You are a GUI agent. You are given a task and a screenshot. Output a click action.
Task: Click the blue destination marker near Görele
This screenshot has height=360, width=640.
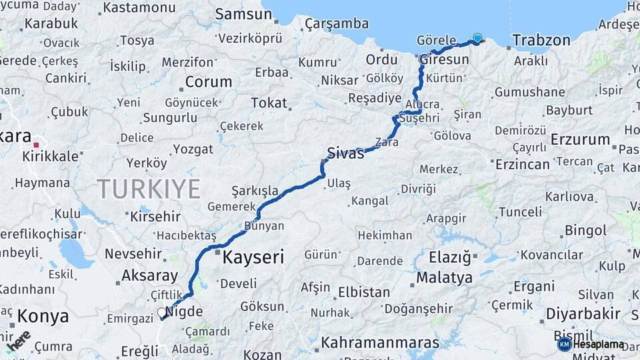pos(477,38)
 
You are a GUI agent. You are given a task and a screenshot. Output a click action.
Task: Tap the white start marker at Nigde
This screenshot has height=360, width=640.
pos(162,312)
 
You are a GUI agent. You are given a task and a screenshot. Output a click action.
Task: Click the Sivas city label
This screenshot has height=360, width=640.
pos(345,153)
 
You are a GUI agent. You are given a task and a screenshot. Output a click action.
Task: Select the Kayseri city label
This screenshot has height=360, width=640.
pos(253,257)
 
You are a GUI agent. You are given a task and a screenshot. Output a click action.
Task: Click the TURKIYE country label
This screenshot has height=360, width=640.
pos(149,189)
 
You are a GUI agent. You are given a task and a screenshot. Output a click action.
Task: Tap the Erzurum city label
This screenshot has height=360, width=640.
pos(580,139)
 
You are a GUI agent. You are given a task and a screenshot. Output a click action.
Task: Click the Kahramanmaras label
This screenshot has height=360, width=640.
pos(380,343)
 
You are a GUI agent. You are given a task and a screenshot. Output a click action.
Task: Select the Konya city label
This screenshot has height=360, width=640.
pos(43,316)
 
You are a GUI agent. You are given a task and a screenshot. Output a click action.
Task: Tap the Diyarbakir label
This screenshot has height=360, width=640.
pos(583,313)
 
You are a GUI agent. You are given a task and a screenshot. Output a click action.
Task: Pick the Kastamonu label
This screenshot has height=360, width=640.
pos(139,7)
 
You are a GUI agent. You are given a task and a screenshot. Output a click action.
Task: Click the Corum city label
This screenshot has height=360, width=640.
pos(208,82)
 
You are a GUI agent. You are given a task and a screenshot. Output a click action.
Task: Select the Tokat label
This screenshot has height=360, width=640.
pos(269,103)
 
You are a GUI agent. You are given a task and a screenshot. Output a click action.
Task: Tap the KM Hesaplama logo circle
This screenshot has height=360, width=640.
pos(564,344)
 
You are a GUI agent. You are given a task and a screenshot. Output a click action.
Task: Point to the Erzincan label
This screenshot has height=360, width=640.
pos(522,163)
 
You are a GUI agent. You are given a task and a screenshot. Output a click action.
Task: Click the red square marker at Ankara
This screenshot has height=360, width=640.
pos(37,143)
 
